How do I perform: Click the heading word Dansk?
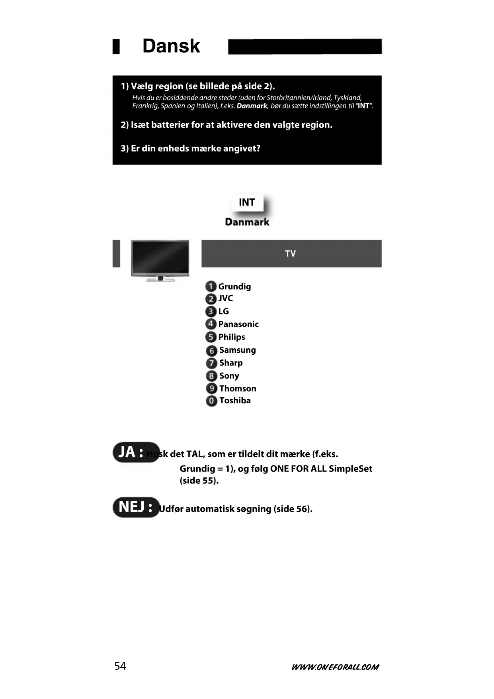[171, 46]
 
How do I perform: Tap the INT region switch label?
[247, 202]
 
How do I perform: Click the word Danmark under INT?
[247, 222]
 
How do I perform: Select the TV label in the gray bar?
[290, 254]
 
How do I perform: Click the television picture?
[160, 260]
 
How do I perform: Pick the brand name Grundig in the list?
[234, 287]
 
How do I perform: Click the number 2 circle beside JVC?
[211, 299]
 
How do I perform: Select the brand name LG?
[223, 311]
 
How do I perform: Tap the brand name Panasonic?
[238, 324]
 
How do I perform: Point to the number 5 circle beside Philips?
[211, 337]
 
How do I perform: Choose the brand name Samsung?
[238, 350]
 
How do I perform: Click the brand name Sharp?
[231, 363]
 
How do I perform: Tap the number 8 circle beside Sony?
[211, 376]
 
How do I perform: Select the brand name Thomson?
[238, 389]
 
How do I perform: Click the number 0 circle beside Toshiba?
[211, 401]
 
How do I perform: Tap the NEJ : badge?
[136, 507]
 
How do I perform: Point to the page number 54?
[120, 666]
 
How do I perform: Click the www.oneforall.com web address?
[335, 667]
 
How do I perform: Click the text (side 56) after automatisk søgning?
[293, 509]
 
